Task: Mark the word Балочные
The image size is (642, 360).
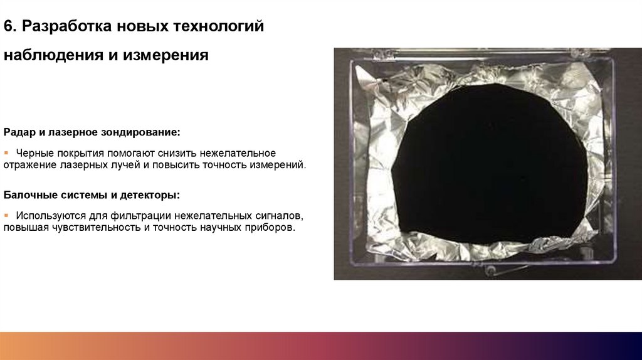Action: pos(29,195)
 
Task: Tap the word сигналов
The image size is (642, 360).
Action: pos(280,216)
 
